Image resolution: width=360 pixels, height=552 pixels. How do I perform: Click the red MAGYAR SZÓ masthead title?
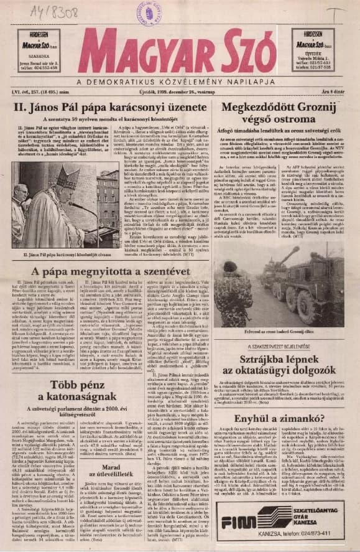coord(180,52)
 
